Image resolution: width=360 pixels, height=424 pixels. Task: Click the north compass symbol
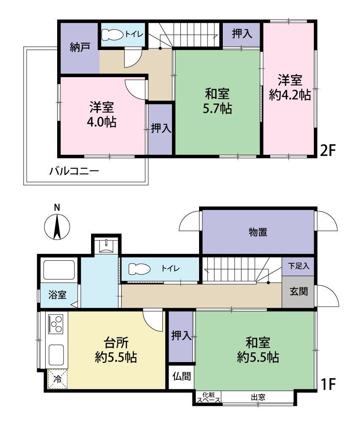57,227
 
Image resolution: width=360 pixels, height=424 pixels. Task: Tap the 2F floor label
327,151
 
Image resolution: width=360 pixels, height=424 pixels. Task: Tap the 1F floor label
327,384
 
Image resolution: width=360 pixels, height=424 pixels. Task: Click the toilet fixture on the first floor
139,269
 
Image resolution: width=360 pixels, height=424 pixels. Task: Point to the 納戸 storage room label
80,47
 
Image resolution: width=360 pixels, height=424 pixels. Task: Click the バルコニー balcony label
74,171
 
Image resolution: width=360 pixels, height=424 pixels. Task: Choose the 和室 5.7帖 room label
217,101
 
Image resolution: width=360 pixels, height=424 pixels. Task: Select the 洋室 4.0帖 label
102,114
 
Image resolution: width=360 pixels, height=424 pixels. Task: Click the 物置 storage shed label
258,232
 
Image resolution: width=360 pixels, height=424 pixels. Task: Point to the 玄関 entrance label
299,292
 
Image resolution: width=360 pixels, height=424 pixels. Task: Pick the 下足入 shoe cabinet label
299,266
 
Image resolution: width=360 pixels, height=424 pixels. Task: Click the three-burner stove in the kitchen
55,324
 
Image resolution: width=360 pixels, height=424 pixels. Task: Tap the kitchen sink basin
56,354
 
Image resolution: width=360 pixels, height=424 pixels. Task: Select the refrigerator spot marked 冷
58,379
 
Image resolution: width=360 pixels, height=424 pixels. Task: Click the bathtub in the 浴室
59,270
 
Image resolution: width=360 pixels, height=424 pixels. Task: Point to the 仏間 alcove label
182,376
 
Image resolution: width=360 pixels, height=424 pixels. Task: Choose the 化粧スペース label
208,398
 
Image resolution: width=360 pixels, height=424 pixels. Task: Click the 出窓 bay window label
258,398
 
